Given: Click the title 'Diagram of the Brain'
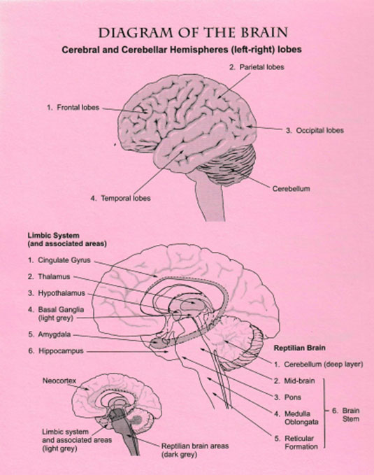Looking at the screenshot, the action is (x=193, y=33).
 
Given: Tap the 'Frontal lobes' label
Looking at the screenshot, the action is (x=78, y=107).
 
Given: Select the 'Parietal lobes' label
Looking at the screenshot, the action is (x=261, y=67).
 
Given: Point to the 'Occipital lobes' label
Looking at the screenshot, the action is (x=319, y=130).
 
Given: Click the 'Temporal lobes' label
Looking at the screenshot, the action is (x=126, y=198).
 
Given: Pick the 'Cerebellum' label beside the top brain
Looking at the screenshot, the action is (x=291, y=188).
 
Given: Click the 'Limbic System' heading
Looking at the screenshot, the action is (x=53, y=235).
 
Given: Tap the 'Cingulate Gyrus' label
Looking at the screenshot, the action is (x=64, y=260).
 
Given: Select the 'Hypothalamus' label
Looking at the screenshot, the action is (x=62, y=293).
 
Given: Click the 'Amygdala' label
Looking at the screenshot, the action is (x=55, y=334).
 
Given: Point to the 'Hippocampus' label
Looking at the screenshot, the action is (x=61, y=350).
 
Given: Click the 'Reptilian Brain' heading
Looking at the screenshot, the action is (x=299, y=348).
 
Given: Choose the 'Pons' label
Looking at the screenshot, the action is (x=292, y=397).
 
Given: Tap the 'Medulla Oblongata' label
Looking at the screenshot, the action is (x=301, y=418).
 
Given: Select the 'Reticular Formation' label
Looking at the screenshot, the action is (x=301, y=442).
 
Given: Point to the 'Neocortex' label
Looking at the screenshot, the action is (x=59, y=381).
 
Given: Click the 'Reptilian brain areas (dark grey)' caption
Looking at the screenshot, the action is (x=195, y=450).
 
